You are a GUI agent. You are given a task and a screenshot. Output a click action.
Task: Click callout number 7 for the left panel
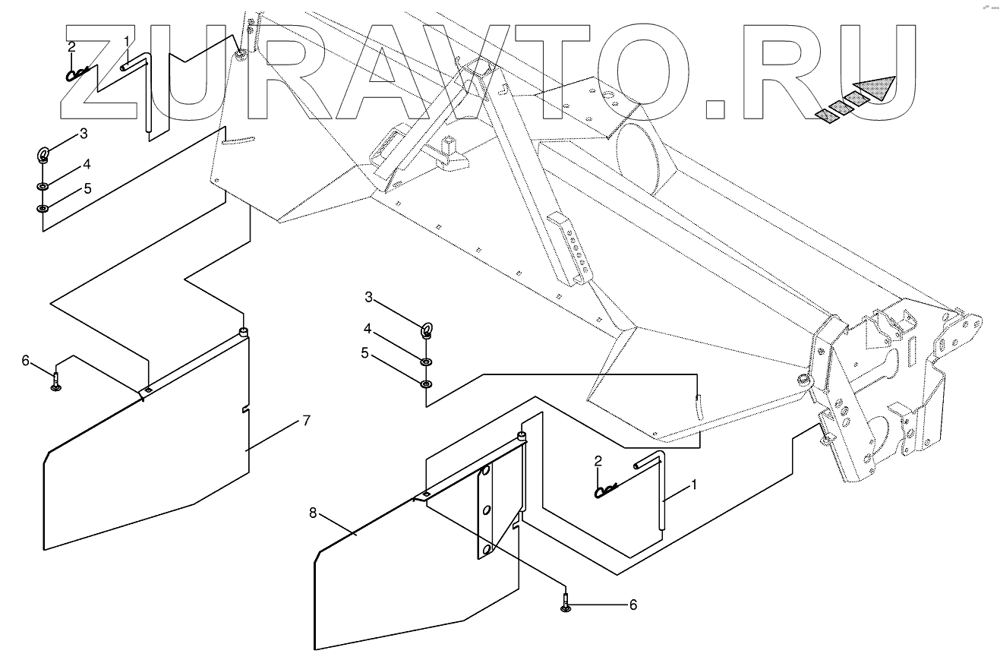coord(306,419)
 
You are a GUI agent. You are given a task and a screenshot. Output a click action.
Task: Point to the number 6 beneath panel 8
coord(632,605)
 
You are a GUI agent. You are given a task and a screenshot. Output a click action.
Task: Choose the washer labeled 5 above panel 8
coord(427,383)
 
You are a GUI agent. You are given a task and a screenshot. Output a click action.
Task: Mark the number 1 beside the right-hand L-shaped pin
coord(692,483)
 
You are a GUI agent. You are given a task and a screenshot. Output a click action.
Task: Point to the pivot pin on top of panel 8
coord(522,436)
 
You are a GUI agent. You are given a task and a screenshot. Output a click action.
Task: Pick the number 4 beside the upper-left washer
coord(87,164)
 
